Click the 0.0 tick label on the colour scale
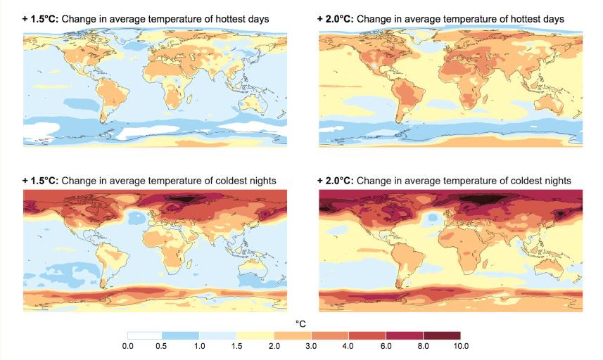128,347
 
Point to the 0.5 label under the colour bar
163,347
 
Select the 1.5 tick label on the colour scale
237,347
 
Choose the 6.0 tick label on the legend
386,347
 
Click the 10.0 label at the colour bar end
461,347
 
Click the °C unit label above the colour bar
300,323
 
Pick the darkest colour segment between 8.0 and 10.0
442,335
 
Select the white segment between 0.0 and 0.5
145,335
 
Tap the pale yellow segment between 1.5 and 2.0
256,335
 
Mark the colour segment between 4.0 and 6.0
367,335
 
